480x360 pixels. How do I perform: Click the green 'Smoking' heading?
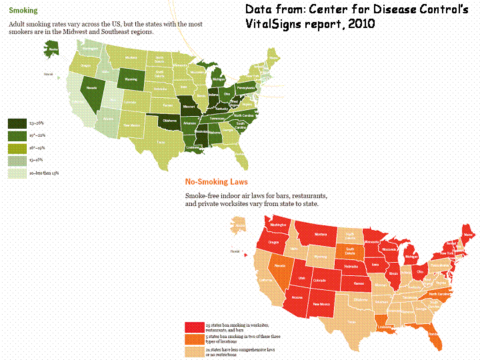[x=19, y=11]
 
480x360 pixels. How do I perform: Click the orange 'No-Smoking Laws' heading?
[x=216, y=181]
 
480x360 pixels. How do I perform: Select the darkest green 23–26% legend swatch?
[x=17, y=123]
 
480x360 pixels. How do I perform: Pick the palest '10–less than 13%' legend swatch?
[x=17, y=173]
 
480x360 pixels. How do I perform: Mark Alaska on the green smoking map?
[x=51, y=48]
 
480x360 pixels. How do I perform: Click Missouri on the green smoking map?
[x=193, y=106]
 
